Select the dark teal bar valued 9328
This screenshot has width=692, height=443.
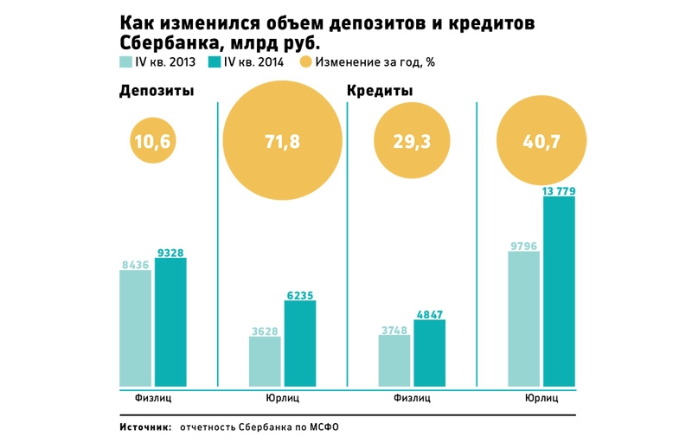(170, 321)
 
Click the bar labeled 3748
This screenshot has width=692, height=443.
(394, 359)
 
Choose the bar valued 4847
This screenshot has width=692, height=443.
(429, 352)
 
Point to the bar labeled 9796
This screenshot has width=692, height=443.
(524, 318)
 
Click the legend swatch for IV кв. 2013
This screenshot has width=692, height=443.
(125, 62)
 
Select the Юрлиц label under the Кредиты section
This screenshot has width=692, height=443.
(541, 399)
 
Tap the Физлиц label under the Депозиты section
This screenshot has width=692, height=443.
(153, 399)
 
